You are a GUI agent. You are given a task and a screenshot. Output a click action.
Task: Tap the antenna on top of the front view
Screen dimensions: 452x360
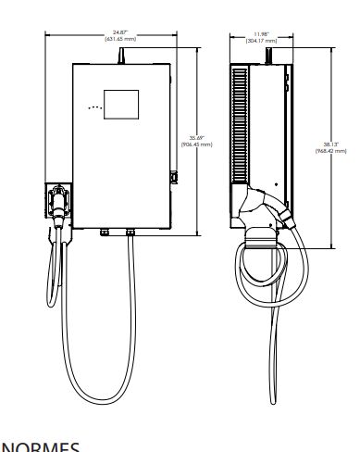pos(119,56)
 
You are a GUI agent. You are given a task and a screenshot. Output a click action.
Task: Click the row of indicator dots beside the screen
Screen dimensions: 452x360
pos(92,108)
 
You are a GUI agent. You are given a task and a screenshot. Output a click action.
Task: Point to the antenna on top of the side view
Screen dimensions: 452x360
pos(269,56)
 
